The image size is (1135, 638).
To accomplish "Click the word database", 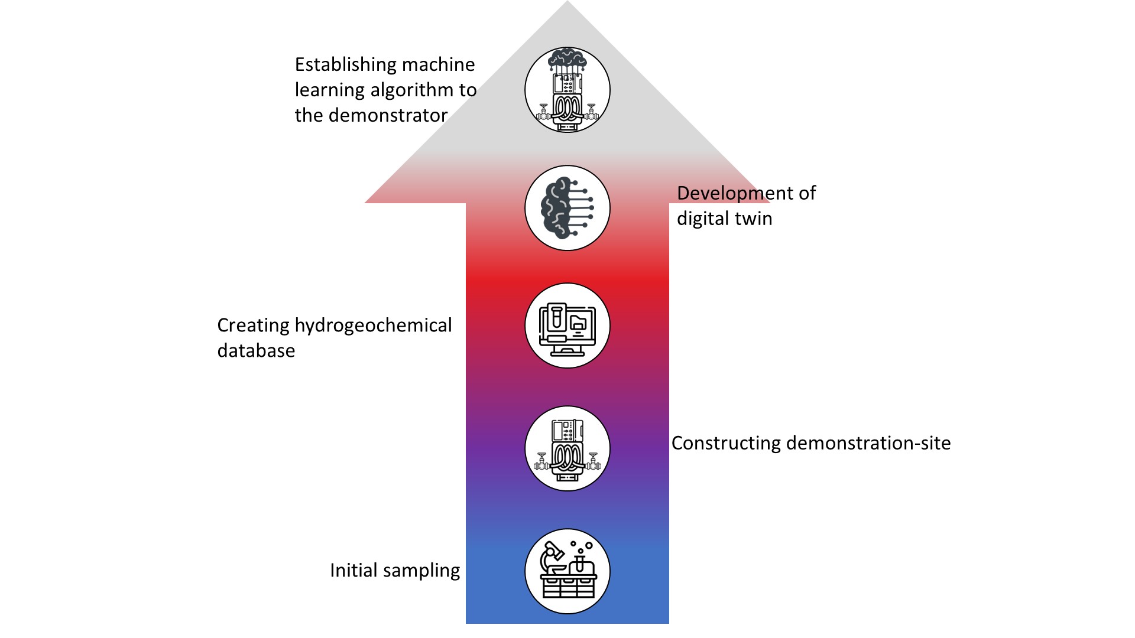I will (x=256, y=351).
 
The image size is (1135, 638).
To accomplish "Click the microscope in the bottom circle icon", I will (x=553, y=558).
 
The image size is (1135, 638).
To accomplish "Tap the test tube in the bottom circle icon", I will (x=581, y=561).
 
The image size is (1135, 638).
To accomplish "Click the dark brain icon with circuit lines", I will (x=567, y=208).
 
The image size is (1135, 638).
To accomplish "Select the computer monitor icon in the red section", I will (x=567, y=326).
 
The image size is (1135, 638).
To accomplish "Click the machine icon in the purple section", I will (x=567, y=449).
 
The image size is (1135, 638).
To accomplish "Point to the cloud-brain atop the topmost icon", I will (x=567, y=59).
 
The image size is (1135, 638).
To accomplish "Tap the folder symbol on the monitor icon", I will (x=578, y=323).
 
